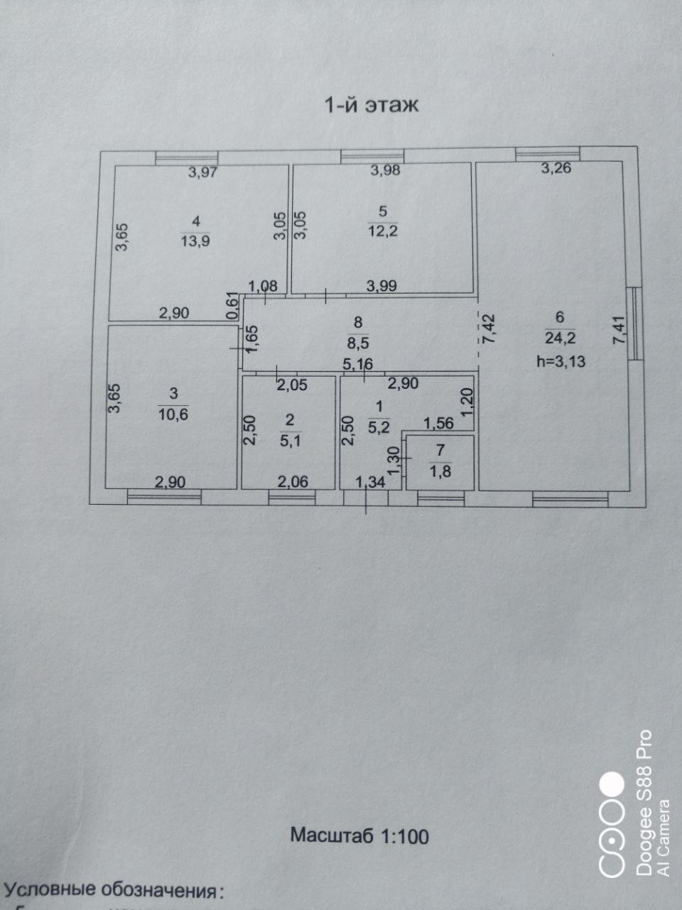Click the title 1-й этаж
[372, 105]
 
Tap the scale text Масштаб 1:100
[359, 835]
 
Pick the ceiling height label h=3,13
[561, 361]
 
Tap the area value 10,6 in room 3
[173, 414]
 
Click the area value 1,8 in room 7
[440, 470]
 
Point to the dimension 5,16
[357, 365]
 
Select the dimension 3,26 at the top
[556, 168]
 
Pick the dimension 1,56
[438, 423]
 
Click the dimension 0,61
[231, 306]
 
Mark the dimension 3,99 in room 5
[381, 286]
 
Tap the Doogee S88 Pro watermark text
[643, 803]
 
